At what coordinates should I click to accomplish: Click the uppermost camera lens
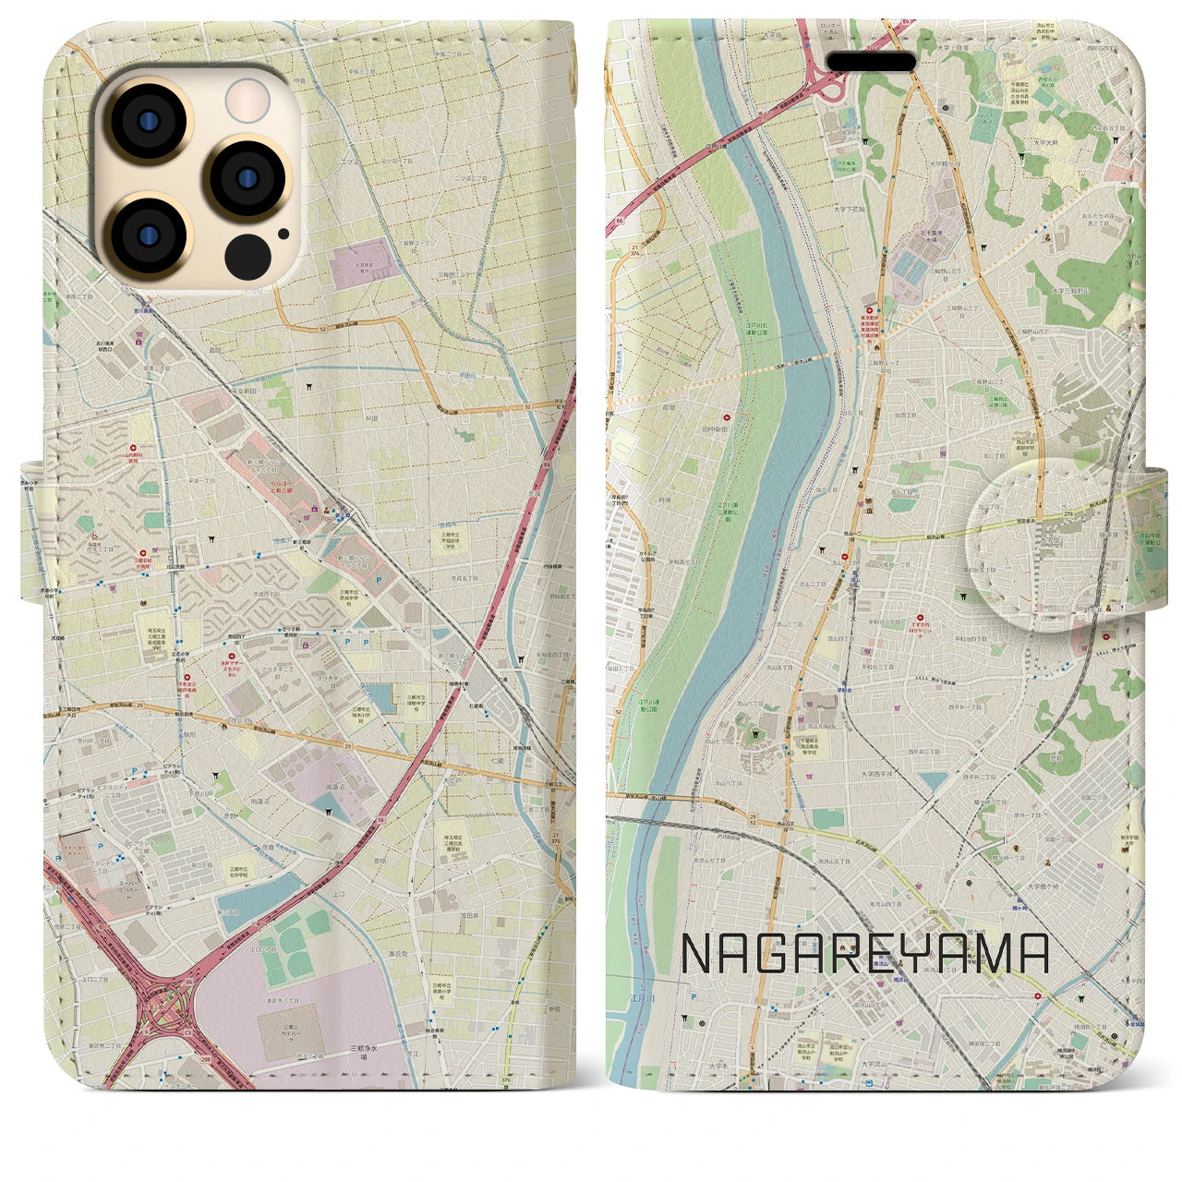tap(147, 124)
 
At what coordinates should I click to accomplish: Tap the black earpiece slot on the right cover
tap(871, 61)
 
